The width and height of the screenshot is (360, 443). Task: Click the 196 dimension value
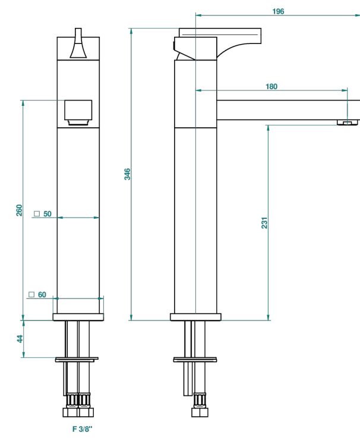point(278,11)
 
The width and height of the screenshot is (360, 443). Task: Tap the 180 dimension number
point(271,86)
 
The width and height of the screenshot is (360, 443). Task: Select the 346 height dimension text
point(127,174)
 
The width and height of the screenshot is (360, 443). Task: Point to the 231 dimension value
point(264,222)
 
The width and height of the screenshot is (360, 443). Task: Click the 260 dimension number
point(19,210)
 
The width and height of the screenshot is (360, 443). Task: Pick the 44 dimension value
point(20,339)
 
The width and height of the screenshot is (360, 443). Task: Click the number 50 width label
point(48,214)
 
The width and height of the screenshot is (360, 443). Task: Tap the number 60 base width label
point(42,295)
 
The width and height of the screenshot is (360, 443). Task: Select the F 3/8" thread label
point(82,429)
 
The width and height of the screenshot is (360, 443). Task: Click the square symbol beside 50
point(37,213)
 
